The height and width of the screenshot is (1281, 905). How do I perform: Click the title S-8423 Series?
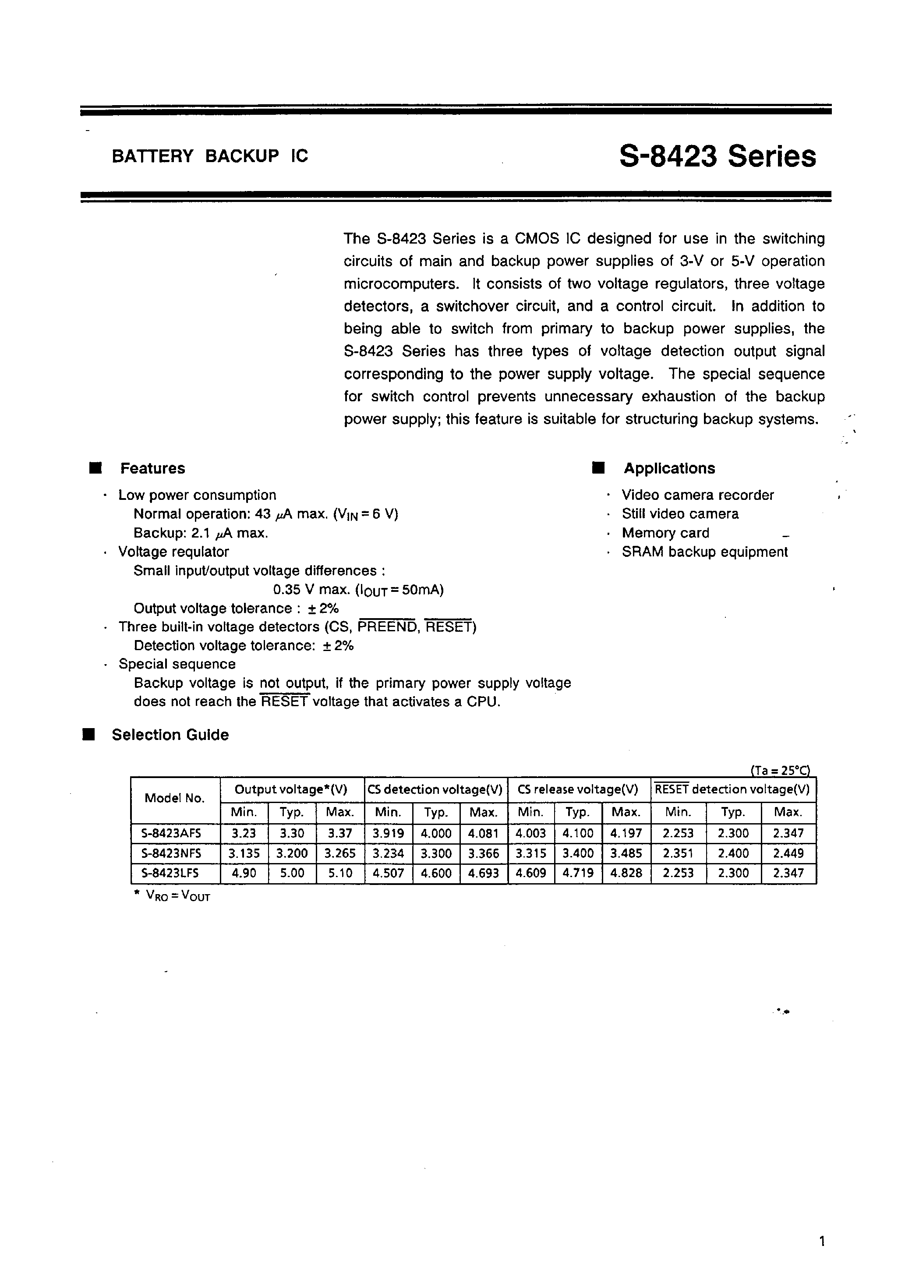point(717,157)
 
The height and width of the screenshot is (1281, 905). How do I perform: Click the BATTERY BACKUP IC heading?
point(210,156)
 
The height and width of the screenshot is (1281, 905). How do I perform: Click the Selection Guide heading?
point(170,735)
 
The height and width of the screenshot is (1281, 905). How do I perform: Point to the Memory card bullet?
point(665,533)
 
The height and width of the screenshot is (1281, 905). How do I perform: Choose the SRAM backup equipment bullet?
point(705,552)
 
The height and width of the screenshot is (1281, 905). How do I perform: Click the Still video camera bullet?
point(680,514)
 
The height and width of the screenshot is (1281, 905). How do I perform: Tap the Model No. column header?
point(175,798)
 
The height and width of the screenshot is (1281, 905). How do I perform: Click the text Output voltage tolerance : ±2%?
point(236,608)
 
